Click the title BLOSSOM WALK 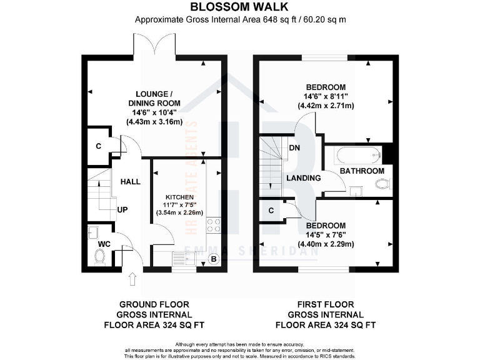[x=239, y=7]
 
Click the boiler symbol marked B [x=214, y=259]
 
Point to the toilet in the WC [x=99, y=255]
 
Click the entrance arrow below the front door [x=132, y=279]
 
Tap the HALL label [x=131, y=182]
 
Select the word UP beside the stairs [x=122, y=209]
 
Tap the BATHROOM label [x=361, y=171]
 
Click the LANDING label [x=303, y=178]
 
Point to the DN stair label [x=295, y=148]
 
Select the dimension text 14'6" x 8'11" [x=326, y=96]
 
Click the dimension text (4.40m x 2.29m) [x=326, y=244]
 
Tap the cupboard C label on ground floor [x=99, y=146]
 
